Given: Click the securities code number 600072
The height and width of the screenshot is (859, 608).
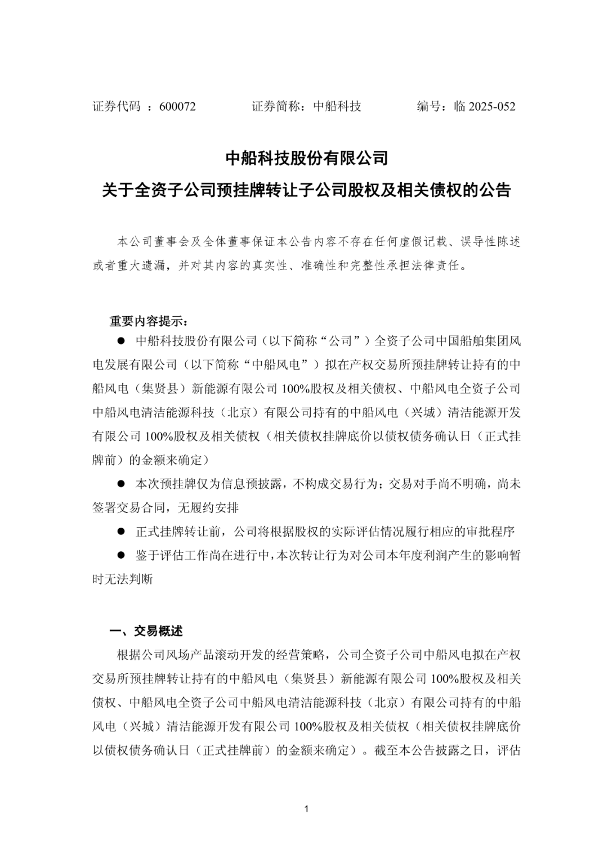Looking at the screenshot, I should [177, 106].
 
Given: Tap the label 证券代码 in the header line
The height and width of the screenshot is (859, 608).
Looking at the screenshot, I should [117, 106].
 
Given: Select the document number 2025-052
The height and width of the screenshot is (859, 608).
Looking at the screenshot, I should [492, 106].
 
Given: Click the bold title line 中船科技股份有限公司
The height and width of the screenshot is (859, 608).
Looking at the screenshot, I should [307, 158].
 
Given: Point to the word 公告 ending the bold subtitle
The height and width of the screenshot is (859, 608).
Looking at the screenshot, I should [495, 190].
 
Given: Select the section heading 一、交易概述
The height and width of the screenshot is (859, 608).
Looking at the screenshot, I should [146, 631].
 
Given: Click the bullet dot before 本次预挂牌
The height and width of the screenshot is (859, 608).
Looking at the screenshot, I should [120, 484].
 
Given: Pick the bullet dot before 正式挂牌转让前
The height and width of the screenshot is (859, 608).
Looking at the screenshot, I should [120, 531].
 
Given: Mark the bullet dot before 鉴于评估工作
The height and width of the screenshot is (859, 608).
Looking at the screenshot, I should [120, 555].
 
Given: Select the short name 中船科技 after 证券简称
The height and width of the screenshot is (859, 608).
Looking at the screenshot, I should [337, 106].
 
